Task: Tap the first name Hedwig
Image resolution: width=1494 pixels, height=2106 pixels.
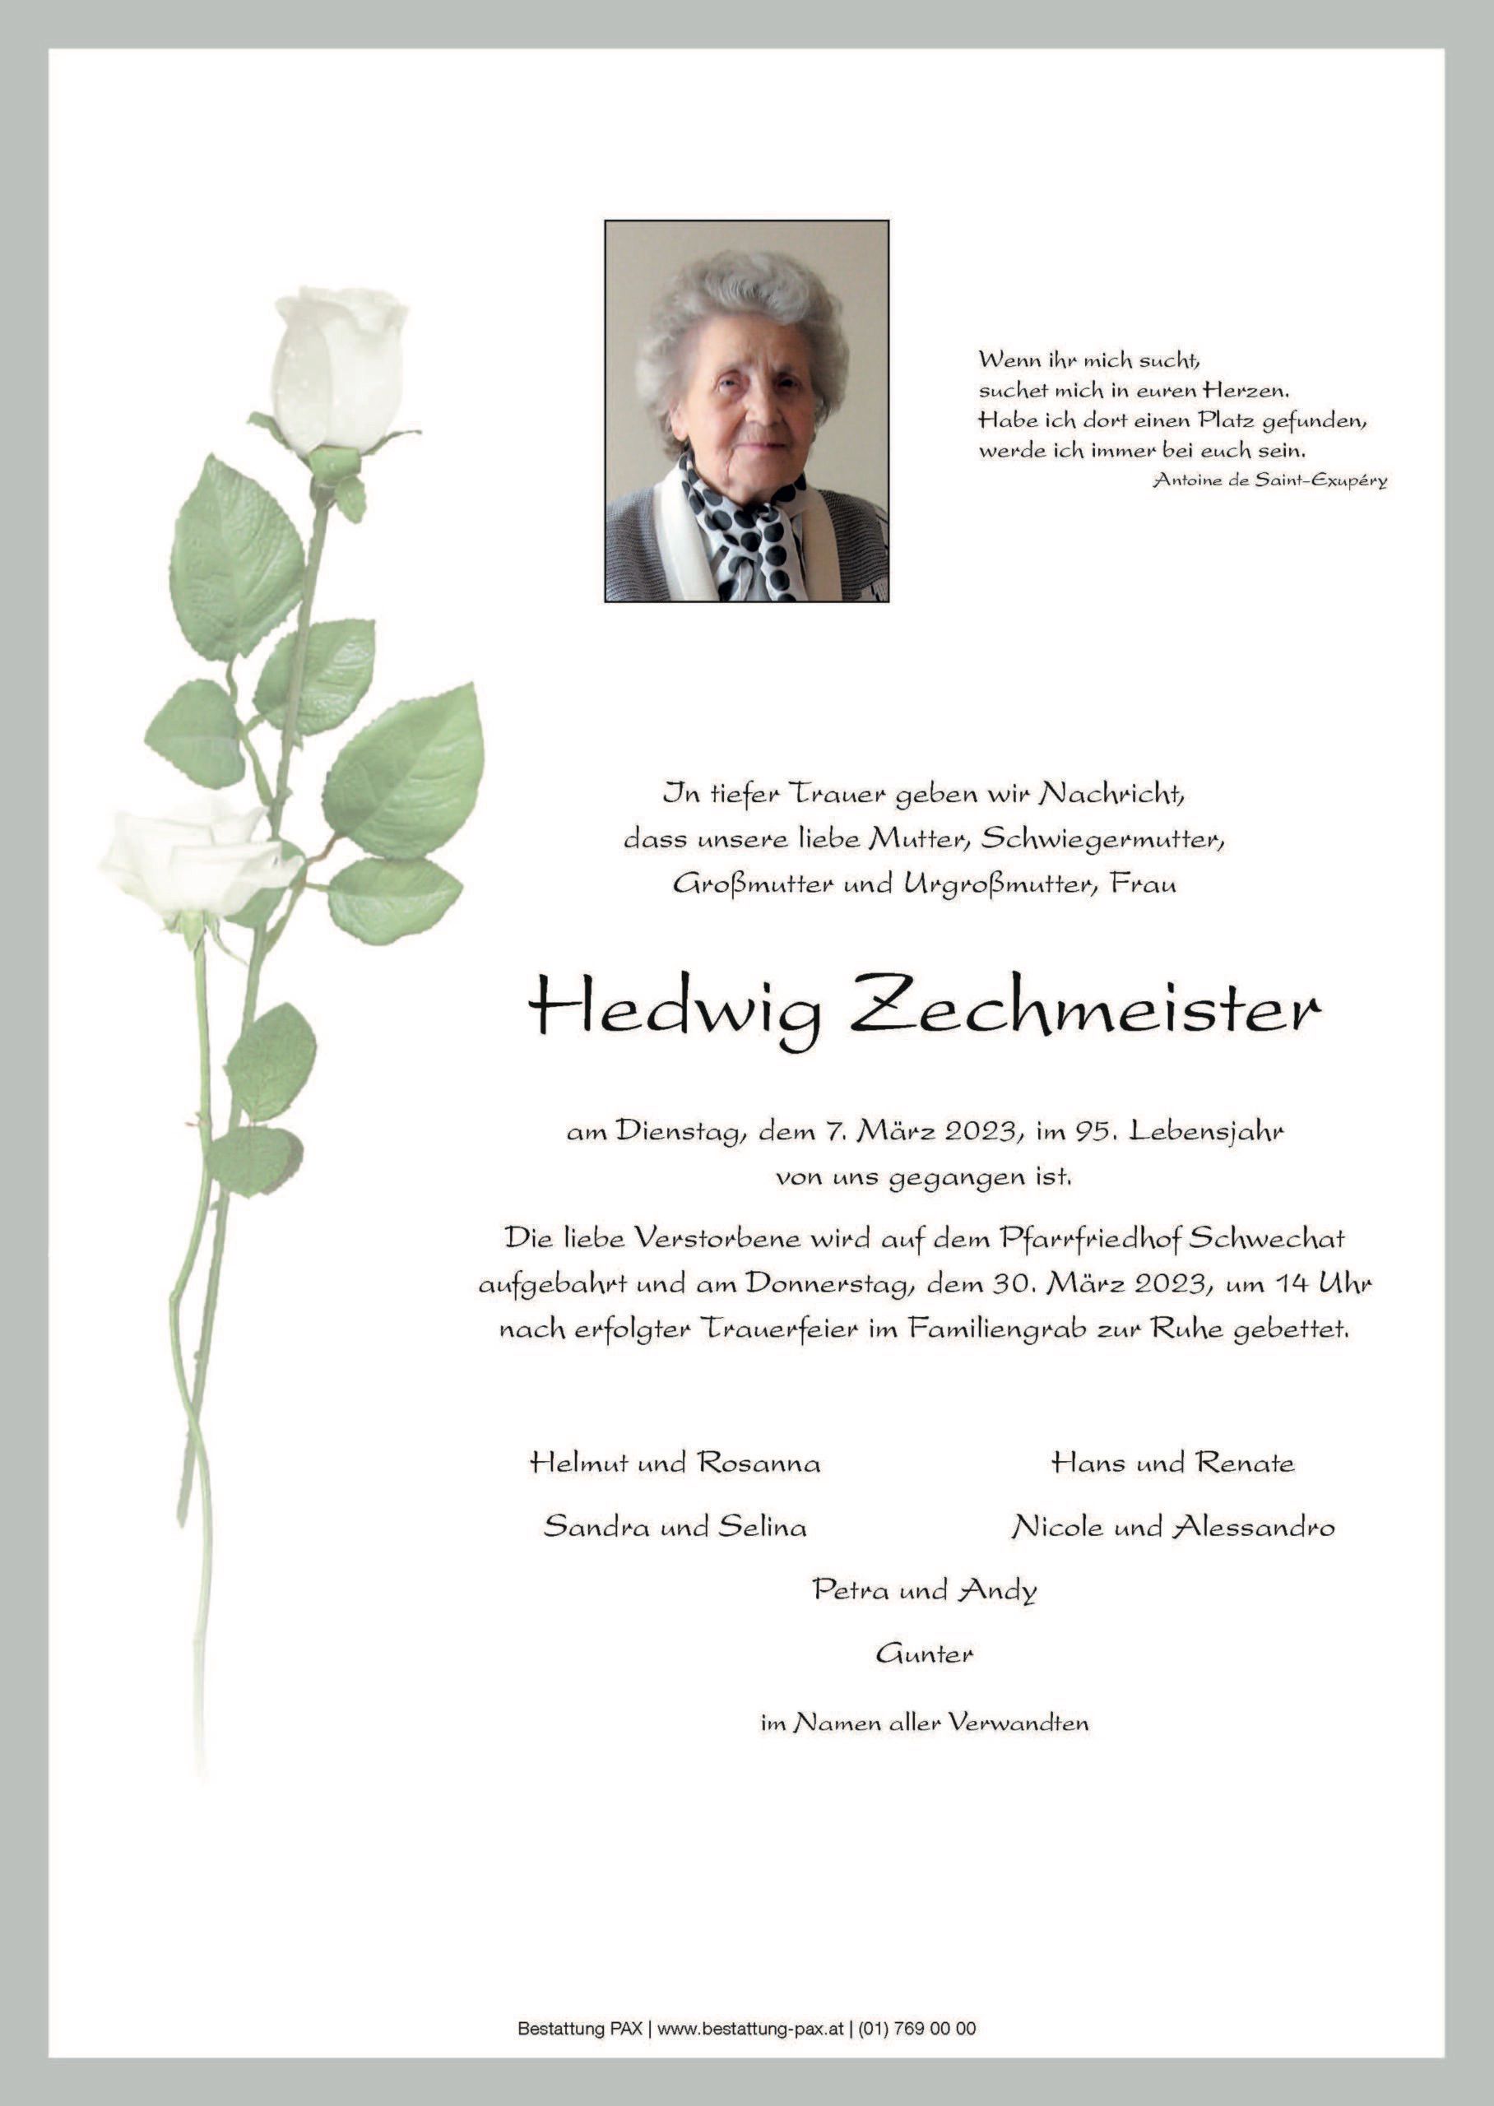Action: click(675, 1014)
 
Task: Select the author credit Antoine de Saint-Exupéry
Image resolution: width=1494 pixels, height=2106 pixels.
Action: click(1269, 480)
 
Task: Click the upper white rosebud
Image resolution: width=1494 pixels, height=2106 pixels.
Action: click(341, 368)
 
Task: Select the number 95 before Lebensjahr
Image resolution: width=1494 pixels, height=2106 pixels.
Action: click(1089, 1131)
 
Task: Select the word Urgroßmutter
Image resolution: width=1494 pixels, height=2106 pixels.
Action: click(1001, 884)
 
